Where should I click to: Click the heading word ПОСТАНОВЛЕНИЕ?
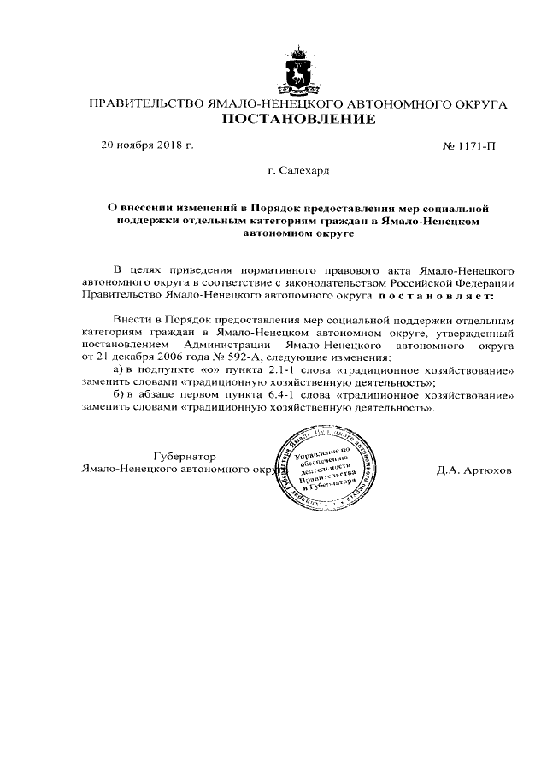coord(298,121)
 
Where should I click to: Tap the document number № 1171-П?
coord(468,147)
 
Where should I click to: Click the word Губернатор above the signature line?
coord(185,456)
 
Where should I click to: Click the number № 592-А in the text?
coord(218,357)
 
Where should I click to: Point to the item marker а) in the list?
coord(120,369)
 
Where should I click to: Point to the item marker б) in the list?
coord(120,397)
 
